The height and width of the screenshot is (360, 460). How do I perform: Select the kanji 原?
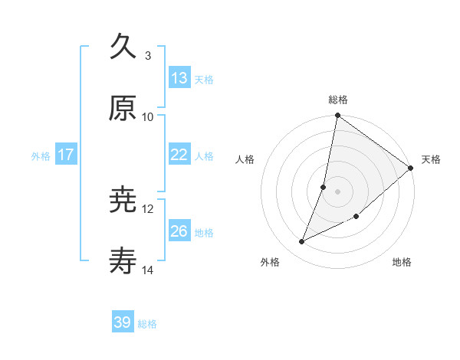[123, 108]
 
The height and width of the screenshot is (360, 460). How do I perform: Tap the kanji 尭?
[123, 200]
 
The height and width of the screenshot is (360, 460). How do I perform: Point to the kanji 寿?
[123, 262]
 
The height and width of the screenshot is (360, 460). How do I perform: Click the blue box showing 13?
[179, 78]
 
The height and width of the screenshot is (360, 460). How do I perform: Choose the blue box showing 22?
[179, 155]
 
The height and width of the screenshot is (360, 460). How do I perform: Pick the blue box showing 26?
[179, 231]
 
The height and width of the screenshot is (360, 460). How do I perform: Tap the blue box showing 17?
[66, 155]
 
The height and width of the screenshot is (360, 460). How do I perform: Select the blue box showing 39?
[123, 322]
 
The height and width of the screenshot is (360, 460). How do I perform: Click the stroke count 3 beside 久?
[148, 55]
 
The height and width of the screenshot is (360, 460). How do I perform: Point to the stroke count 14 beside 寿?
[148, 270]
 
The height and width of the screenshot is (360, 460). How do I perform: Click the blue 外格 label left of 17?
[41, 155]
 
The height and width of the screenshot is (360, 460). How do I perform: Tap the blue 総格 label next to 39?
[147, 324]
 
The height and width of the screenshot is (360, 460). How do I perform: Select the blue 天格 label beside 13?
[204, 79]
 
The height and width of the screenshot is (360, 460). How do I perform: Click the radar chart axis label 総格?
[338, 100]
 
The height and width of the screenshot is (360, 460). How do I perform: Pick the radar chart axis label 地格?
[402, 263]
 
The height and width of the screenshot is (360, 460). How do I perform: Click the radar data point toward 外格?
[302, 242]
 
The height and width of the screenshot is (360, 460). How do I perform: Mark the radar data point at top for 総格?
[337, 116]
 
